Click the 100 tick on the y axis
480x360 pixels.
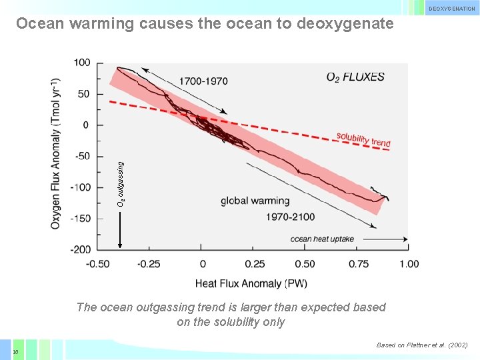click(x=82, y=63)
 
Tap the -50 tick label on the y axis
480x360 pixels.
click(x=82, y=156)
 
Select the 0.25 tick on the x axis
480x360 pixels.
click(x=254, y=264)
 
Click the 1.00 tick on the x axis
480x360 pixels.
click(x=409, y=264)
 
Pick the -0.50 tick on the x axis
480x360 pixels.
click(x=98, y=264)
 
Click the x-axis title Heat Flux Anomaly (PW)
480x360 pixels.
click(x=251, y=283)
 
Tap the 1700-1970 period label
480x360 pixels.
click(x=203, y=81)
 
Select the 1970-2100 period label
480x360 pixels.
click(x=290, y=217)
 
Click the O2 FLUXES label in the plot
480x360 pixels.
click(x=355, y=77)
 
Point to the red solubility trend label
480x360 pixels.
click(x=363, y=139)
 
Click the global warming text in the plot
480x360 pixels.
click(x=255, y=201)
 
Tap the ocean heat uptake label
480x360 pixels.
click(x=322, y=239)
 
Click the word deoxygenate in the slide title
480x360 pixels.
click(x=345, y=23)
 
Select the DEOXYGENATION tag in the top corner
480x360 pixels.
click(x=451, y=9)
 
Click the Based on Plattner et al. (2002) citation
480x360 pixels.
click(x=422, y=345)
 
